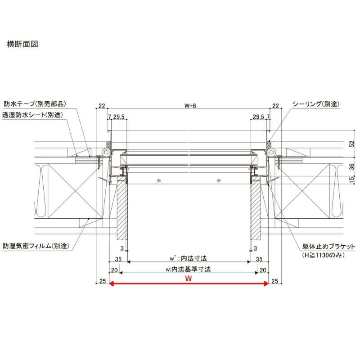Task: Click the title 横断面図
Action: pyautogui.click(x=22, y=44)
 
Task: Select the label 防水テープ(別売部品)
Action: pyautogui.click(x=35, y=104)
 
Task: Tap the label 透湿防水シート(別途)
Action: pyautogui.click(x=32, y=115)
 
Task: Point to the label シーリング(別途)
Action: pyautogui.click(x=316, y=104)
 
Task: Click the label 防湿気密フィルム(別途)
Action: pyautogui.click(x=36, y=246)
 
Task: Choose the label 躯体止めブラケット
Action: pyautogui.click(x=328, y=247)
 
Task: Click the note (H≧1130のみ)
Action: pyautogui.click(x=323, y=255)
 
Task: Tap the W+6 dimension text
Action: pyautogui.click(x=190, y=106)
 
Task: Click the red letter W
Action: pyautogui.click(x=188, y=279)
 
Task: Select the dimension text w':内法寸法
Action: pyautogui.click(x=188, y=258)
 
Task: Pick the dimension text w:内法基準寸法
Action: pyautogui.click(x=188, y=269)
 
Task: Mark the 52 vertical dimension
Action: pyautogui.click(x=351, y=144)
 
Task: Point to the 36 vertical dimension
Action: pyautogui.click(x=351, y=166)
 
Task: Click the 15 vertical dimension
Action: pyautogui.click(x=351, y=180)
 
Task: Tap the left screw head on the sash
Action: pyautogui.click(x=159, y=181)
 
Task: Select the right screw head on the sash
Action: pyautogui.click(x=219, y=181)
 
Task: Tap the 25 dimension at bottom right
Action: pyautogui.click(x=274, y=281)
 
